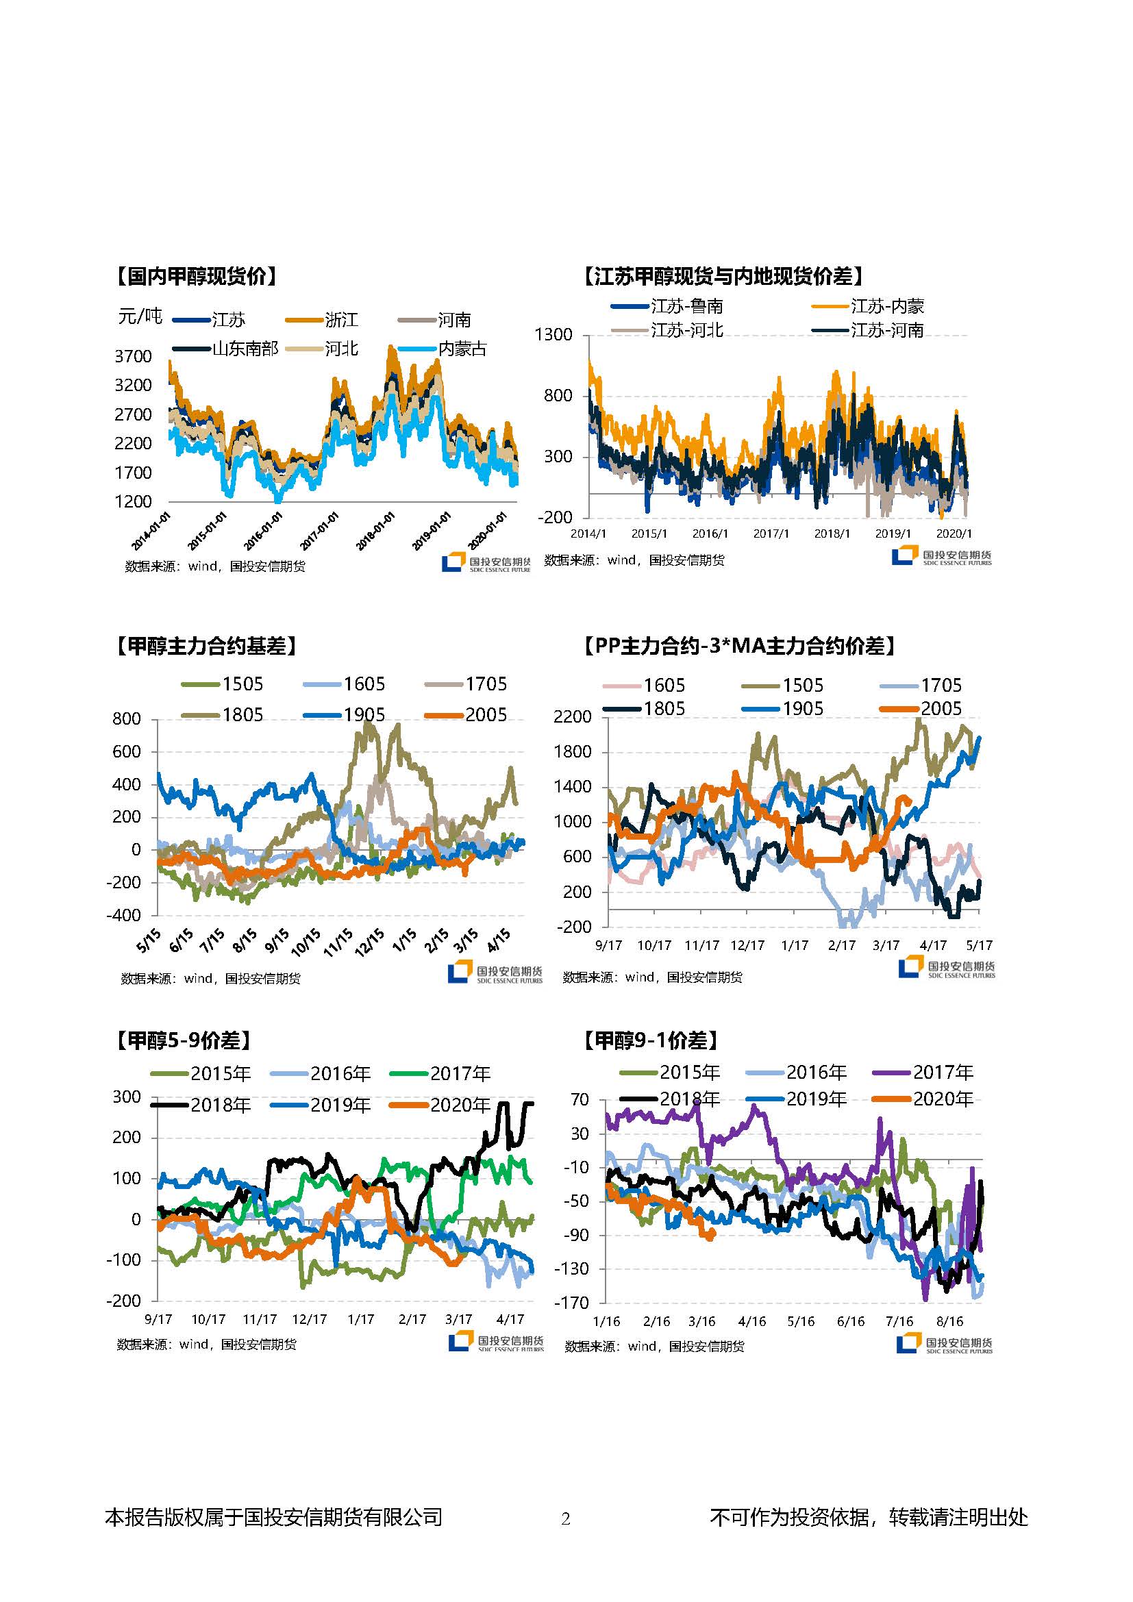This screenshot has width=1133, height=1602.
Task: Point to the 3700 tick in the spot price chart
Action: coord(133,357)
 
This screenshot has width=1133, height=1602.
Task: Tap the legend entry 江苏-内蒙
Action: coord(886,305)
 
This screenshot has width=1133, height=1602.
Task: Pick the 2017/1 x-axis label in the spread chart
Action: coord(770,534)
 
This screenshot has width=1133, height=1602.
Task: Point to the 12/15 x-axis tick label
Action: coord(368,941)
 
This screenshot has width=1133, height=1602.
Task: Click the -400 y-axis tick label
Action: coord(123,915)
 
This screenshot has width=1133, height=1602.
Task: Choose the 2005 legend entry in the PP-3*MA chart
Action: coord(941,709)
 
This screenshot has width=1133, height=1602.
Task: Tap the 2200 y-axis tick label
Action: coord(572,716)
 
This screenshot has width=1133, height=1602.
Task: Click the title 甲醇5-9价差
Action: coord(183,1040)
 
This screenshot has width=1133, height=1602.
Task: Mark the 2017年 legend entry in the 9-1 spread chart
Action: coord(943,1072)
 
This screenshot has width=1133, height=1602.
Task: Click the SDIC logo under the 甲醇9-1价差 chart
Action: coord(945,1343)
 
